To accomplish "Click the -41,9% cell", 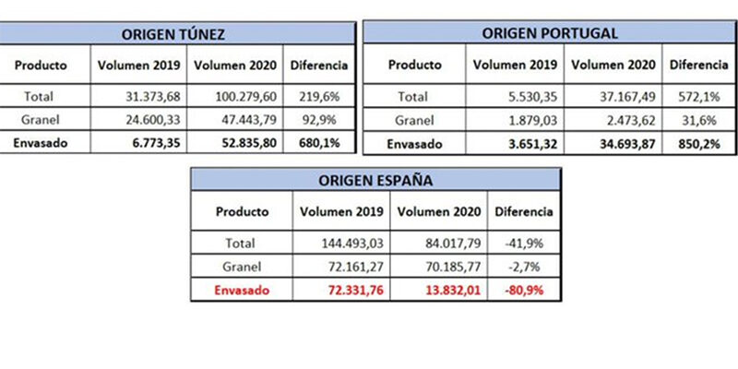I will (523, 244).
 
